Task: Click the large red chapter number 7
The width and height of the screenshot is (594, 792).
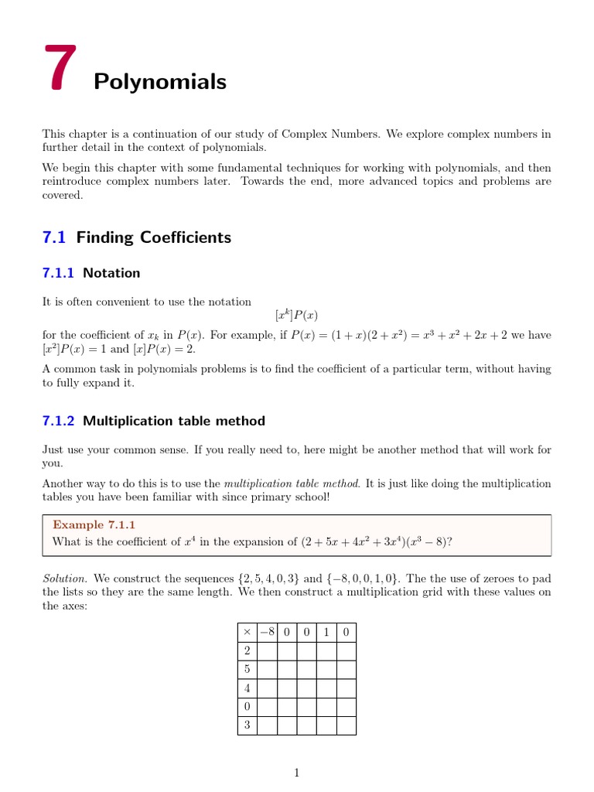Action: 60,69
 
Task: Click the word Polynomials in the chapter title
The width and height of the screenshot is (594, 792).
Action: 160,82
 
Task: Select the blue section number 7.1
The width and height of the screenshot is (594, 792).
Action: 55,237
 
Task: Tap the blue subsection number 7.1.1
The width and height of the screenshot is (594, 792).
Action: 59,273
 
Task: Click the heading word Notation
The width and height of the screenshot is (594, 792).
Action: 111,273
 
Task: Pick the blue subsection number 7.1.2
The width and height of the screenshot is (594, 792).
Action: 59,422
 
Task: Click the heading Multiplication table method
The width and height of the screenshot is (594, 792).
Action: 174,422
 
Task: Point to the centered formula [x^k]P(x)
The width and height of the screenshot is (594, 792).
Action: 296,316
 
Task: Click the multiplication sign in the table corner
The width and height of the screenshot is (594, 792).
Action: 247,633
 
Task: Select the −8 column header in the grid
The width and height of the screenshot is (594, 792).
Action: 267,633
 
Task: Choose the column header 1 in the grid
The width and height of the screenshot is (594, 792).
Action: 326,633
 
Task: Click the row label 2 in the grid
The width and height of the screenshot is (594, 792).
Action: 247,651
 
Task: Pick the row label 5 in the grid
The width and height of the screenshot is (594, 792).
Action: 247,670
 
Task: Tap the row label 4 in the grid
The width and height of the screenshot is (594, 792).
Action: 247,688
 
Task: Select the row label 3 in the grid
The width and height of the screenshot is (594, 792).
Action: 247,725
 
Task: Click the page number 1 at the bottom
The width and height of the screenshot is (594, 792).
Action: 296,773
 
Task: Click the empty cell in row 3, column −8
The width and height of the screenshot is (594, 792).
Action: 267,725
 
